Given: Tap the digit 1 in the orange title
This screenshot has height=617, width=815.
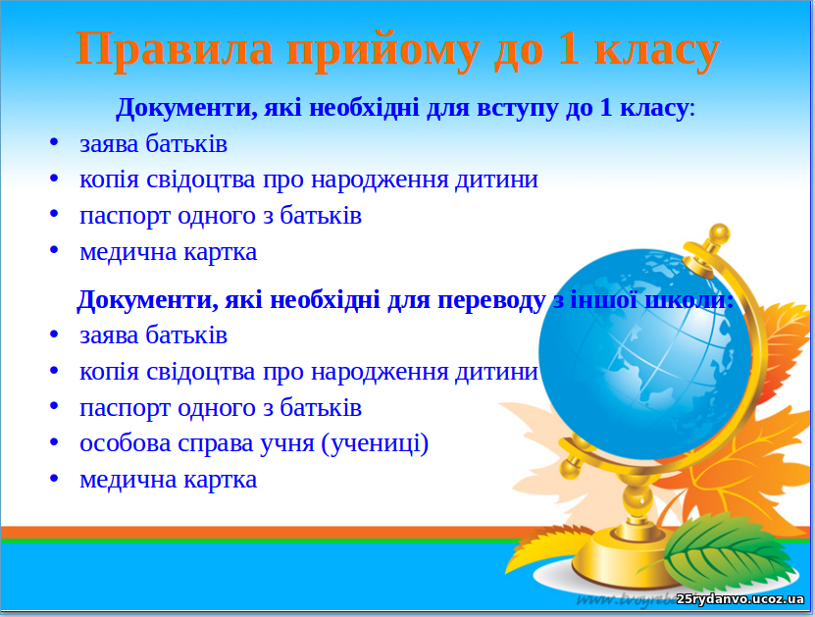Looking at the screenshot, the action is [569, 48].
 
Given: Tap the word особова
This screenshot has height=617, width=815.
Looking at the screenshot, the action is [126, 443].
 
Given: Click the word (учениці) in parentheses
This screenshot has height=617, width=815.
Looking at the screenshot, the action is [375, 444].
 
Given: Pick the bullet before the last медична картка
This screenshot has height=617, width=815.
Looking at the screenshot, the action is [54, 478].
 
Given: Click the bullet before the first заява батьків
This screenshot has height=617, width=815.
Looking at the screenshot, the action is [54, 142].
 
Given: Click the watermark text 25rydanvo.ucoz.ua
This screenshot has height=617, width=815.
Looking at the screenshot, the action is [740, 599].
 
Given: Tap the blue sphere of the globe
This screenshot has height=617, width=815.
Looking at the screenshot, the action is [644, 354].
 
